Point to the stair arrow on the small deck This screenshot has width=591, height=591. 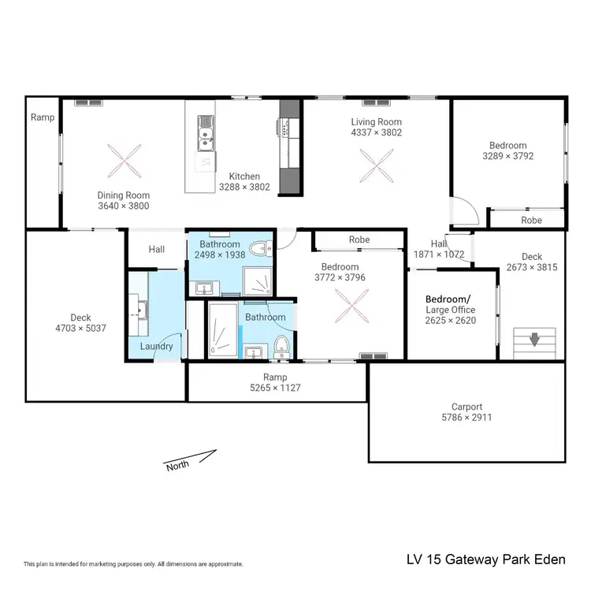534,340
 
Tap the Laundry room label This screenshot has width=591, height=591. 156,346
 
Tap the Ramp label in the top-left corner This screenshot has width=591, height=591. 42,117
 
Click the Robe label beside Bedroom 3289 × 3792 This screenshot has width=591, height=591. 531,221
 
